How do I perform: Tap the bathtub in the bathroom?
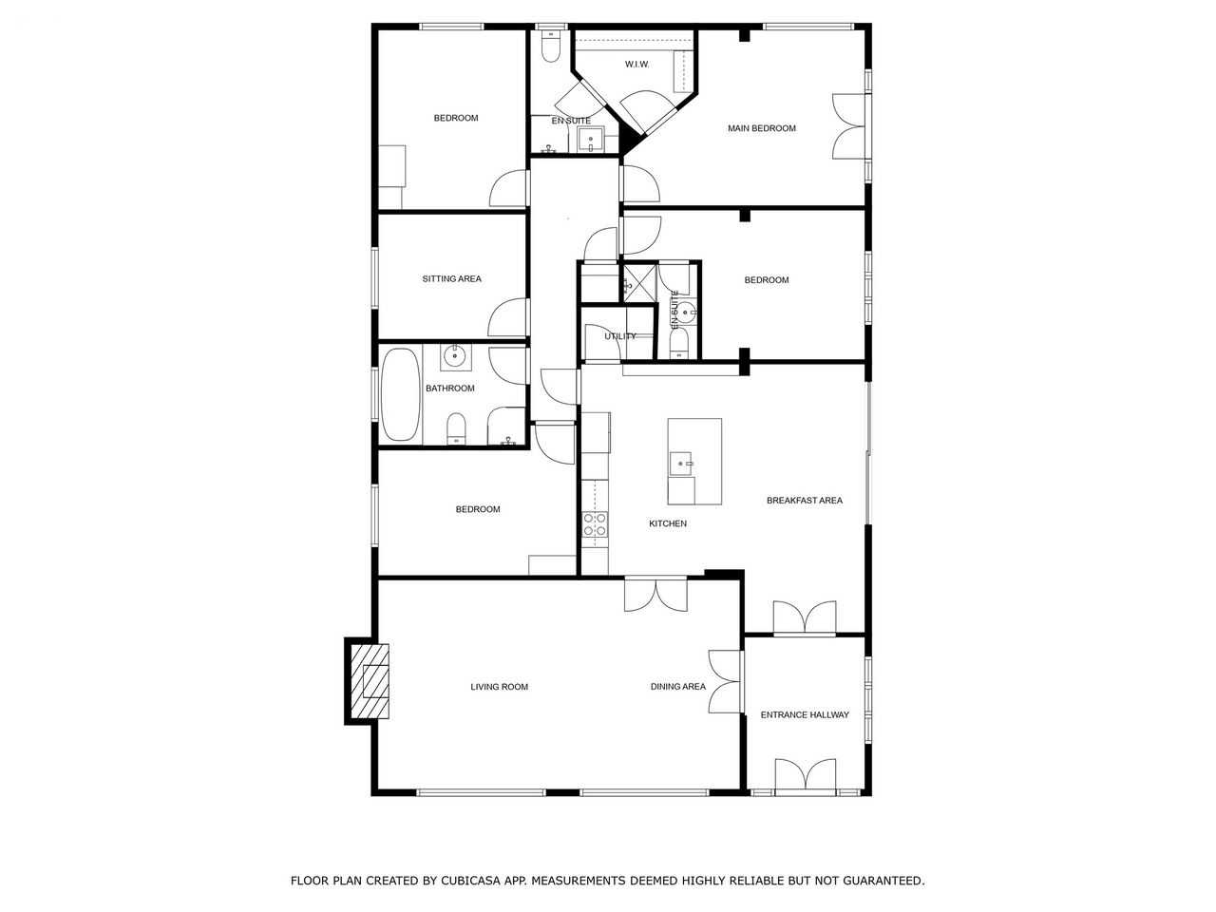click(x=401, y=394)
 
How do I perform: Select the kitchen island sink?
click(x=681, y=464)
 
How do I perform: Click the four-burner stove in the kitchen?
click(x=595, y=523)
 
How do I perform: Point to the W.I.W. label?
click(x=637, y=65)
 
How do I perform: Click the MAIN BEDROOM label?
click(x=762, y=128)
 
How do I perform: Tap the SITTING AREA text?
click(x=451, y=279)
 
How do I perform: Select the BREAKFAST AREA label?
click(x=805, y=501)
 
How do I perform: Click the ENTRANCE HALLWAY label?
click(x=805, y=714)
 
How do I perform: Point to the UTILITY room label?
click(x=620, y=336)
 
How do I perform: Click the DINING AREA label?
click(x=678, y=687)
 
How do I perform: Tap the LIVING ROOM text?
click(x=499, y=687)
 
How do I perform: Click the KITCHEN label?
click(x=668, y=523)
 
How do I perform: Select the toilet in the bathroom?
click(x=456, y=428)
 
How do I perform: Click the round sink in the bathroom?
click(x=455, y=356)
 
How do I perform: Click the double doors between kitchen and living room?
click(x=655, y=595)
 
